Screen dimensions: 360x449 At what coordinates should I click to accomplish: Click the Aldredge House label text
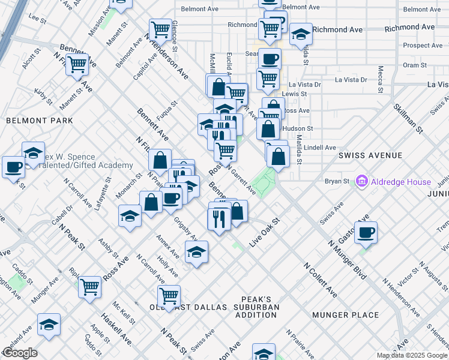click(x=400, y=182)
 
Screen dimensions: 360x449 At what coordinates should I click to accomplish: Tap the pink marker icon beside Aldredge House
click(x=361, y=181)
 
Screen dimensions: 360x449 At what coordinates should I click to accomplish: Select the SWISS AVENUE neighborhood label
click(x=370, y=155)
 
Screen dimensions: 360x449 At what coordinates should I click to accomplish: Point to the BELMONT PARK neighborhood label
click(x=39, y=121)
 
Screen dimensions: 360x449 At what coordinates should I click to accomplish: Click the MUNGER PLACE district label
click(x=345, y=314)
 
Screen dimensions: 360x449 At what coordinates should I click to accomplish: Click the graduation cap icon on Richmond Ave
click(x=301, y=34)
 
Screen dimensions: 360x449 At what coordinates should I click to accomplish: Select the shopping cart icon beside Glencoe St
click(x=160, y=28)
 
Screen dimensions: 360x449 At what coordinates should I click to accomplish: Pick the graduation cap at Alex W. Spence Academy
click(x=33, y=152)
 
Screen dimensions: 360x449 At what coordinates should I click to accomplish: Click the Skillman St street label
click(x=408, y=118)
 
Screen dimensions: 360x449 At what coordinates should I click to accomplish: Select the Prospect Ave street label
click(x=423, y=45)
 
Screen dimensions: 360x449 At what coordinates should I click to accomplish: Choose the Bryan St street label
click(x=337, y=181)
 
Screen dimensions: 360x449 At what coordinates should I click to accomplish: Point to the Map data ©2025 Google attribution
click(x=411, y=355)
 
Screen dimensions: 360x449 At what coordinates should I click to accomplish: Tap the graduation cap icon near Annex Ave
click(x=196, y=253)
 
